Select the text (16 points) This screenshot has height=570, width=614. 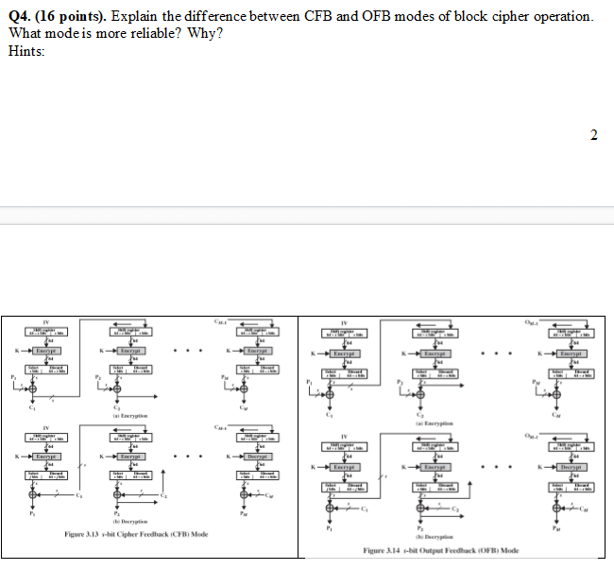(x=71, y=18)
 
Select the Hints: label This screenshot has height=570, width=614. (x=26, y=50)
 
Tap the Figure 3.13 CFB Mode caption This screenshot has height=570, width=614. (x=136, y=534)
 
